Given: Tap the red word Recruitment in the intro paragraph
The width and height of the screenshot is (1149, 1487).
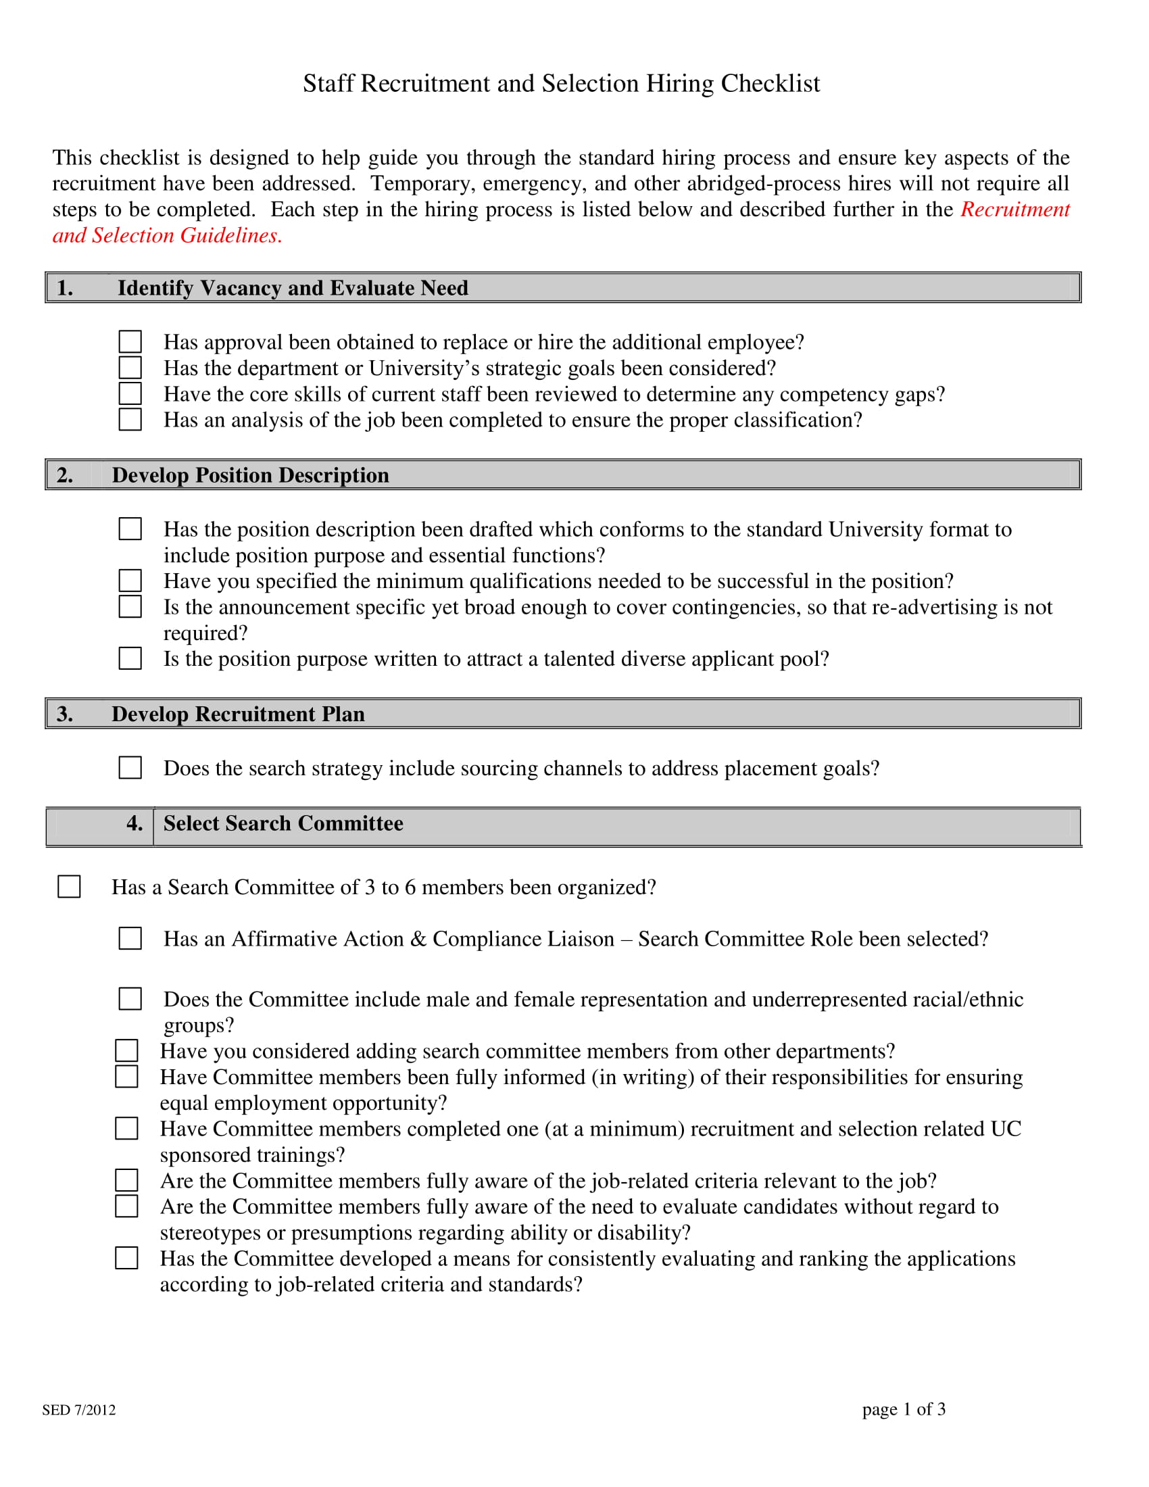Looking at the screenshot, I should point(1015,210).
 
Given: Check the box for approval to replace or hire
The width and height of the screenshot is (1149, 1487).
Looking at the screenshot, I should point(130,342).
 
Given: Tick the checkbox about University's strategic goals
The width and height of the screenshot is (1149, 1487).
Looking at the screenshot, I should point(130,368).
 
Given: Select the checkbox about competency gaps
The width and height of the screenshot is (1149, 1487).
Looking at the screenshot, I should point(130,393).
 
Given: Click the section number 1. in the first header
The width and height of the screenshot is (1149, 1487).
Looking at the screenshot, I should point(65,288).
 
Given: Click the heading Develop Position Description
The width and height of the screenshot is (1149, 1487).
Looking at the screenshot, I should point(250,475).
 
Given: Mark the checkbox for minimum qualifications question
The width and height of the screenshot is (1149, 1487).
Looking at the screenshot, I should point(130,581).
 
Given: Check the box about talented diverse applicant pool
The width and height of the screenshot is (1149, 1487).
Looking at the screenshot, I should point(130,658).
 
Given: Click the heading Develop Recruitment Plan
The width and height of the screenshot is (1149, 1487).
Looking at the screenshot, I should point(237,714).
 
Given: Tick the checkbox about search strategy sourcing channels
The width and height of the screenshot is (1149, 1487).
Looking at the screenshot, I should point(130,768).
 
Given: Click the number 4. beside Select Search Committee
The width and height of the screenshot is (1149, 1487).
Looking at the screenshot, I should point(134,824).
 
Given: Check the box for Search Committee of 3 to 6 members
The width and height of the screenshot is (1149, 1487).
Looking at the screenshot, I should point(69,887).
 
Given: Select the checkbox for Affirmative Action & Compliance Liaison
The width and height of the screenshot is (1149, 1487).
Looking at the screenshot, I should point(130,939).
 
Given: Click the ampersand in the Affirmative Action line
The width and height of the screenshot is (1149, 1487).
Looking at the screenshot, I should point(418,940).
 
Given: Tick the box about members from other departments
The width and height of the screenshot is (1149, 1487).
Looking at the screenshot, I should point(126,1050).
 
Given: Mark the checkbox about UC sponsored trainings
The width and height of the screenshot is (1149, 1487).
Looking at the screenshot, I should point(126,1128).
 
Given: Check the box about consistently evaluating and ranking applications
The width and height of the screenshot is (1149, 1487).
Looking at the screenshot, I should point(126,1259).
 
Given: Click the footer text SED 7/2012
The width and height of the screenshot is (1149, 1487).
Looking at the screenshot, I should point(79,1410).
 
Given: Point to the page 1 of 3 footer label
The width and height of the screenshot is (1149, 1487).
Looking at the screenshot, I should point(903,1409).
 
